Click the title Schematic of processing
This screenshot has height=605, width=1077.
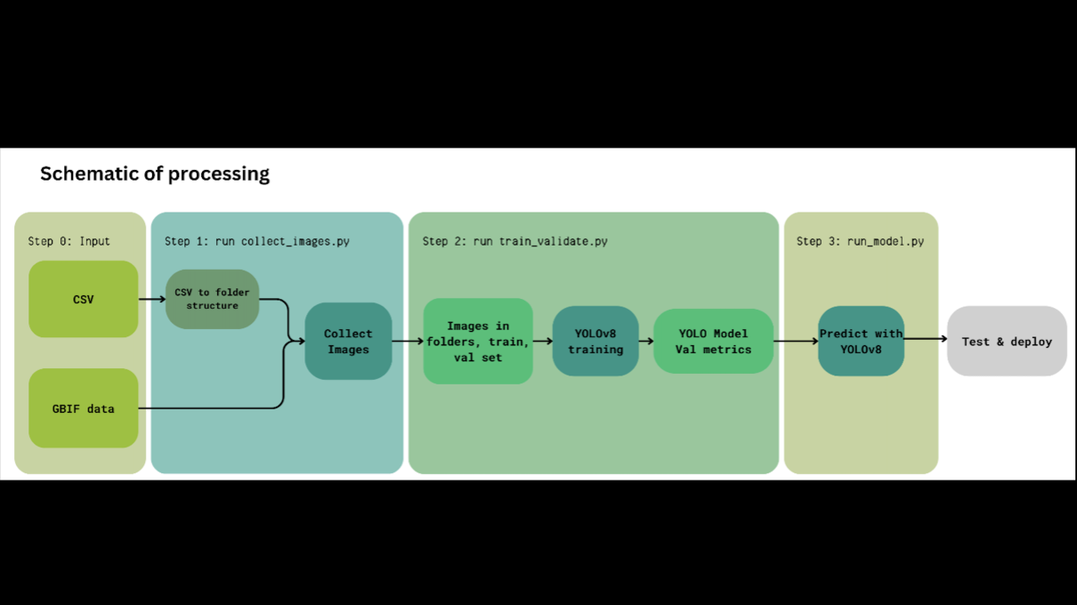click(155, 173)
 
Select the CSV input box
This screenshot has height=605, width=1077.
click(84, 300)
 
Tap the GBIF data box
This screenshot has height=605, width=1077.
click(84, 408)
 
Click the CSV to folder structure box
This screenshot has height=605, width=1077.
click(212, 299)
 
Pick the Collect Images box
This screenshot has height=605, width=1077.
click(348, 342)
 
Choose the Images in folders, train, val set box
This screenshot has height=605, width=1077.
click(478, 342)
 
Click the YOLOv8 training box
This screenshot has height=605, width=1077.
click(595, 342)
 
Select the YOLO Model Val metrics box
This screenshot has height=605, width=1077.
click(713, 342)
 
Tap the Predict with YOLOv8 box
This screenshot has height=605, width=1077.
click(861, 342)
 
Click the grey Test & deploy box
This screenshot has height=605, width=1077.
click(1007, 342)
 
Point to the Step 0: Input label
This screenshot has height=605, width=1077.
click(69, 241)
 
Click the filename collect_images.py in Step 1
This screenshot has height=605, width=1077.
click(296, 241)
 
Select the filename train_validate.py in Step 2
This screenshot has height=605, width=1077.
click(553, 241)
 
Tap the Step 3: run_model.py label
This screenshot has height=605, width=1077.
click(860, 241)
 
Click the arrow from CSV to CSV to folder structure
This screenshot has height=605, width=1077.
click(152, 299)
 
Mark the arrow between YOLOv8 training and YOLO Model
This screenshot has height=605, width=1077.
click(646, 341)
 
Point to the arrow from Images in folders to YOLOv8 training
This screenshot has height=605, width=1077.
click(543, 341)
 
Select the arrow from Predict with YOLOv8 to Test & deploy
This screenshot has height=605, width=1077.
click(926, 339)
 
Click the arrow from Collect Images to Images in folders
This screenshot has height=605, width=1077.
click(408, 341)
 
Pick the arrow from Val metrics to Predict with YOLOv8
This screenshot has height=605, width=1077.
click(796, 341)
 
